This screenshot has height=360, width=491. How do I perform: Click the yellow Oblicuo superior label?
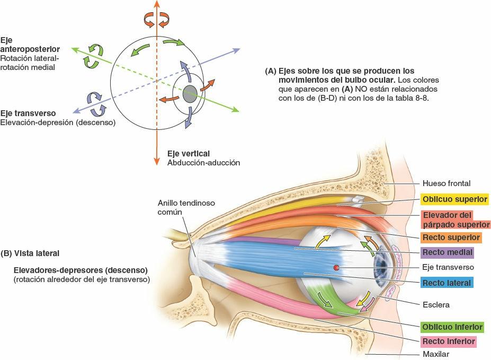454,199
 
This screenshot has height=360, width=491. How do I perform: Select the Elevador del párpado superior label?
454,219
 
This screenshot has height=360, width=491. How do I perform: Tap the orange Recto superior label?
451,237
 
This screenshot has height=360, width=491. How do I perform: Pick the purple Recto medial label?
447,252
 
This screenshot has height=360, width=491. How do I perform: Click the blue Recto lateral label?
447,283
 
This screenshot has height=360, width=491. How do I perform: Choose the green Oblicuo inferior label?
451,327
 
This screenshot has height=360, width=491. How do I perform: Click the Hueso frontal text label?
446,183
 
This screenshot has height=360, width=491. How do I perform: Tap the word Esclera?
436,305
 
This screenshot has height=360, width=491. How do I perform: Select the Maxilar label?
436,354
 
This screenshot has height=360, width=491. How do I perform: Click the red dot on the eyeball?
336,268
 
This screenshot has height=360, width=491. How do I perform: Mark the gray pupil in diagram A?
190,94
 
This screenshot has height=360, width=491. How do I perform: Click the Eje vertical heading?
188,153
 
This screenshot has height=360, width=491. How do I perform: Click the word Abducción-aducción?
203,163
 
